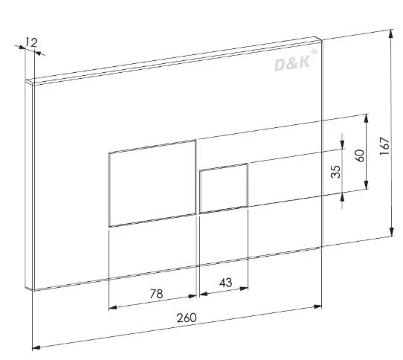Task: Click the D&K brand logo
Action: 292,63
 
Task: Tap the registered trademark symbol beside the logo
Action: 314,52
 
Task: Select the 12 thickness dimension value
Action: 31,42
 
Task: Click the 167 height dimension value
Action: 384,146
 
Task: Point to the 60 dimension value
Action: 360,156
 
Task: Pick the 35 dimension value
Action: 335,172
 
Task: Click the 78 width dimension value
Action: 157,294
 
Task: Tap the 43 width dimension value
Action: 225,283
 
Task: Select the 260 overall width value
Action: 187,318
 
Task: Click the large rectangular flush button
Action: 152,183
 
